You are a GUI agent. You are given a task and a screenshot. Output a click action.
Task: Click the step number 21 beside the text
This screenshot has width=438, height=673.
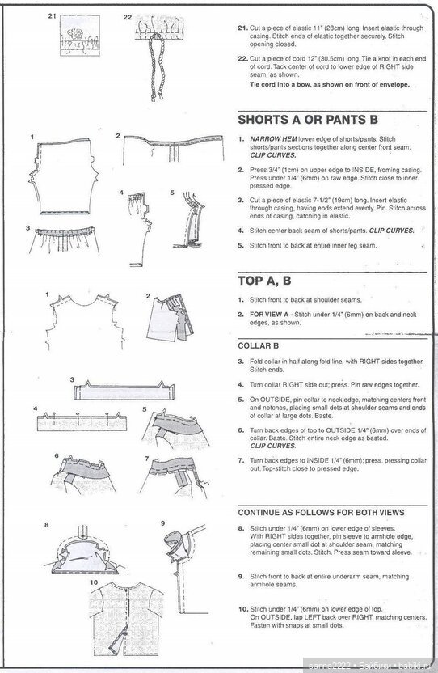(242, 28)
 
